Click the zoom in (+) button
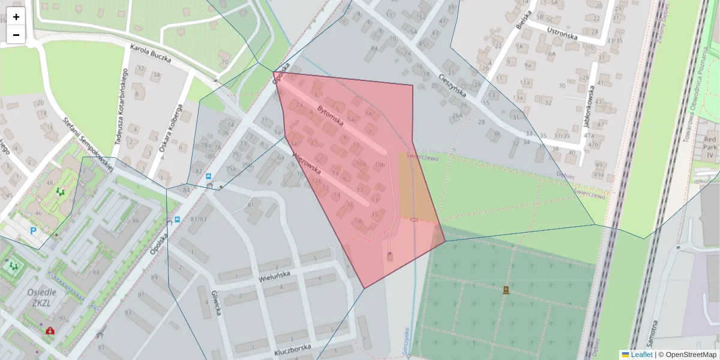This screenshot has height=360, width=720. coord(16,17)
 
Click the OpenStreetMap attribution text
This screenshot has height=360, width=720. coord(691,355)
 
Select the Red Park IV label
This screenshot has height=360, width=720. coord(710,146)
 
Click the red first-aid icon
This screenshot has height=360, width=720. coord(50,330)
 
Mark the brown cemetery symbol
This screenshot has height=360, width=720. coord(506,290)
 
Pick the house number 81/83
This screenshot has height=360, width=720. coord(198,219)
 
